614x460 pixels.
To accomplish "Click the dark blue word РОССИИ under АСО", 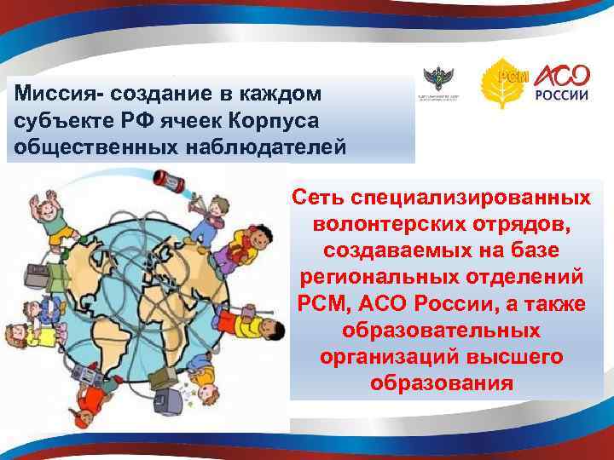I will click(x=561, y=95).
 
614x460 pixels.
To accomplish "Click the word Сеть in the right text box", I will click(x=320, y=198).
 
